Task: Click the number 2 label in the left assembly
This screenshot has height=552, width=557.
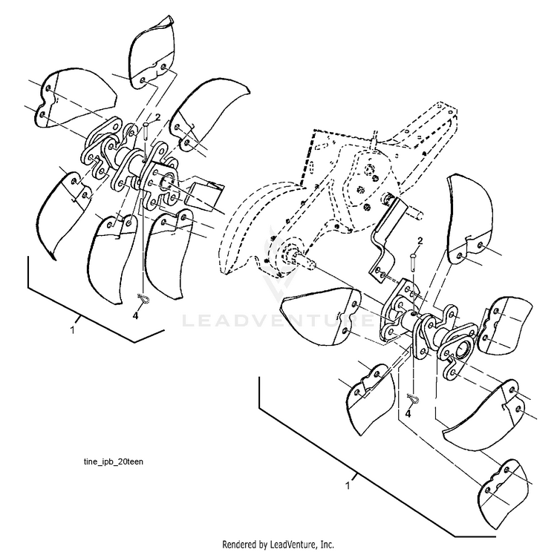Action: click(156, 117)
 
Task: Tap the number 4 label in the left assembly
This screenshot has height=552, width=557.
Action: click(135, 315)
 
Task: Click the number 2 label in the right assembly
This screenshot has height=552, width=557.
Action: click(420, 241)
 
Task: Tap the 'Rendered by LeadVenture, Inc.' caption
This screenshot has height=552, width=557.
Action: click(278, 544)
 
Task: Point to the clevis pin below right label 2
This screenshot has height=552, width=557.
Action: click(414, 260)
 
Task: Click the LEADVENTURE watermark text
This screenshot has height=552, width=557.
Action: click(278, 322)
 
